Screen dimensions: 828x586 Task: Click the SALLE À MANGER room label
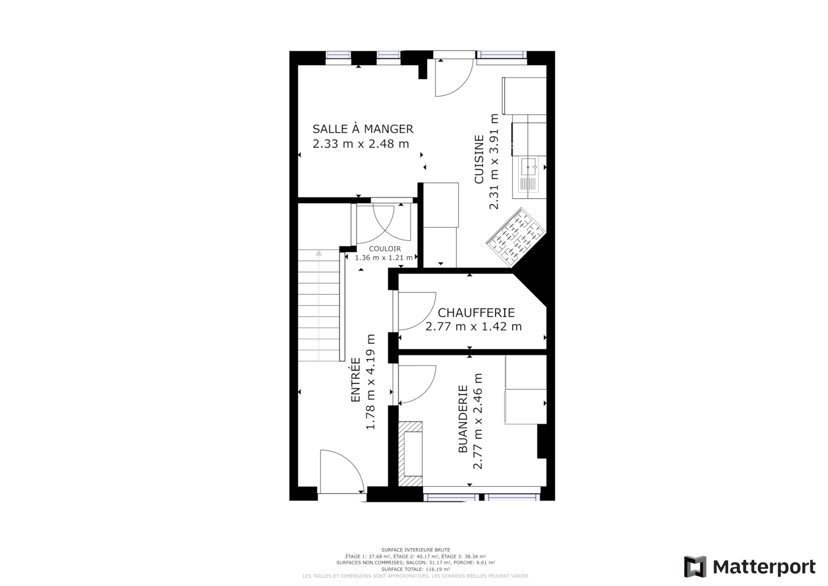coord(363,129)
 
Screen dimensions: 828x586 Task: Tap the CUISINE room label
coord(479,159)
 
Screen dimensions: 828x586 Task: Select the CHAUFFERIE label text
coord(476,313)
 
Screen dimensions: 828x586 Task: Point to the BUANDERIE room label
coord(463,419)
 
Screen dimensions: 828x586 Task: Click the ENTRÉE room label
coord(355,379)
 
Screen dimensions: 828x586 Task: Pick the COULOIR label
coord(385,249)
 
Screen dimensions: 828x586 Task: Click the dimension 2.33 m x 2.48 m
coord(361,144)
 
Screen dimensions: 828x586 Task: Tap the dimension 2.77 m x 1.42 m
coord(474,327)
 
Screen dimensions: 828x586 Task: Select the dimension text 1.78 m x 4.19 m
coord(371,381)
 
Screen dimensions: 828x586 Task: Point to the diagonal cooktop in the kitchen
coord(516,237)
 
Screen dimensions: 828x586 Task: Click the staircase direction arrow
coord(319,253)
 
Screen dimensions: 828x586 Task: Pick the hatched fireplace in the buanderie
coord(410,454)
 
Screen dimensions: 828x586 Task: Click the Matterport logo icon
coord(695,567)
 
